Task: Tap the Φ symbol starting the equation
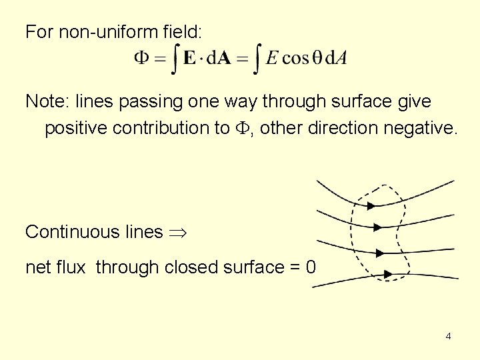point(142,58)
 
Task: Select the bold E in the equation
point(190,58)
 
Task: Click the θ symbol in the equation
point(317,58)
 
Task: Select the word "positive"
point(76,128)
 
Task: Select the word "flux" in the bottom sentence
point(71,267)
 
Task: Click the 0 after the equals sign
point(310,267)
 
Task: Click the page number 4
point(448,336)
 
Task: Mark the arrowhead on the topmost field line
point(371,205)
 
